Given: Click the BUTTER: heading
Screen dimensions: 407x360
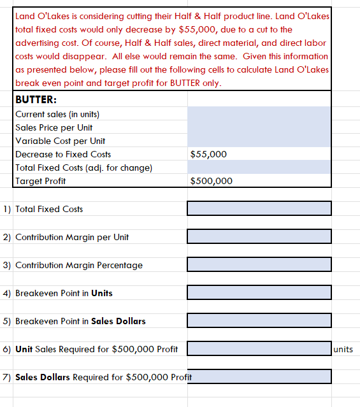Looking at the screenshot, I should (x=36, y=100).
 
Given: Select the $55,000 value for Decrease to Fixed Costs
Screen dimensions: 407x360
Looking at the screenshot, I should (x=208, y=154).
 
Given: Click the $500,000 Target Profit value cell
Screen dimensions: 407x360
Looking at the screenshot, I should (x=211, y=181).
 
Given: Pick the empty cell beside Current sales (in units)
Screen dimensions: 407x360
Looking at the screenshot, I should (x=259, y=114).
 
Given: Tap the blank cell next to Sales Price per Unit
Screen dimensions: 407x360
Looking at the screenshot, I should (x=259, y=127).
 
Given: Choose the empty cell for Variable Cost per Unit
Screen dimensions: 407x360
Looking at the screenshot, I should (x=259, y=141).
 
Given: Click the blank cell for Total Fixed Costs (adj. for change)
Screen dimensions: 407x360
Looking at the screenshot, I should (x=259, y=168).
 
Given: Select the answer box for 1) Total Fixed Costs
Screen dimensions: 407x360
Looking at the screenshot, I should (x=259, y=209).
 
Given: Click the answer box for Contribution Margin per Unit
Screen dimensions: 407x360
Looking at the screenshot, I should (x=259, y=237).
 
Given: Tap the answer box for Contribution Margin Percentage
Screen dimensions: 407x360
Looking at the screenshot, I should (x=259, y=265).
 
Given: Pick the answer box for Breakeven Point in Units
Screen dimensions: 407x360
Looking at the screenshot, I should (x=259, y=293).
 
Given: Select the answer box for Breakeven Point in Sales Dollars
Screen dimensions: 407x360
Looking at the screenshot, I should (x=259, y=321).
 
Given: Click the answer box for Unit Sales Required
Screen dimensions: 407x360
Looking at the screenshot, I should (x=259, y=349).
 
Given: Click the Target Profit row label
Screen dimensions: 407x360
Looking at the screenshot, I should (x=40, y=181).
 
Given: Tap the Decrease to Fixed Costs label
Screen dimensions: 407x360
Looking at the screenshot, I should (x=62, y=154).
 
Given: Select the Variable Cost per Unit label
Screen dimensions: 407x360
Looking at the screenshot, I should (x=60, y=141).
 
